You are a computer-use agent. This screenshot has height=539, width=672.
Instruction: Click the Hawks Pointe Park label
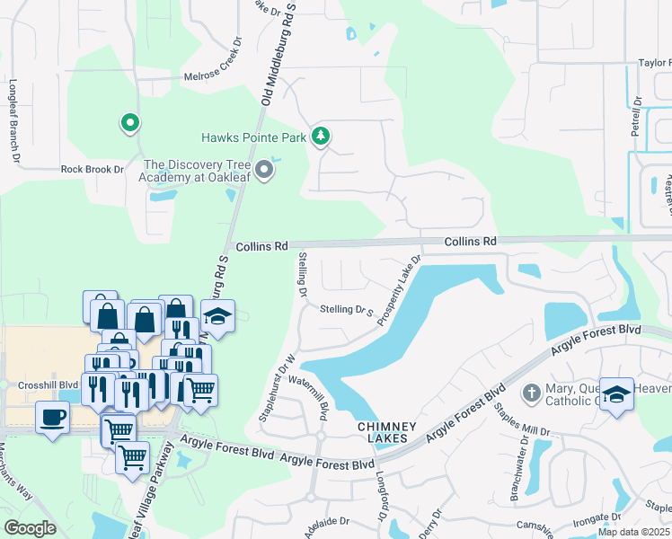[x=252, y=137]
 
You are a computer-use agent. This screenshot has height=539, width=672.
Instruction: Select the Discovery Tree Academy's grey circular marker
[x=263, y=170]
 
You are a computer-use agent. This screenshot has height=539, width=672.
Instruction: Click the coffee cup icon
[x=52, y=417]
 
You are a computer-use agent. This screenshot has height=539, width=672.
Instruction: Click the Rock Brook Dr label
[x=92, y=168]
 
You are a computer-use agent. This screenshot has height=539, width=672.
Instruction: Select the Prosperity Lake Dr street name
[x=400, y=291]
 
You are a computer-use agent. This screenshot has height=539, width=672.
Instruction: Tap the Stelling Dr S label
[x=347, y=310]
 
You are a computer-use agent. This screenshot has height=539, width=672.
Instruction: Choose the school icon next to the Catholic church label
[x=615, y=394]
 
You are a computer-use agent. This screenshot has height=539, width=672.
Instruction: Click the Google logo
[x=30, y=528]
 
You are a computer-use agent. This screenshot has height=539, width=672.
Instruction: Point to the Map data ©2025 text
[x=633, y=532]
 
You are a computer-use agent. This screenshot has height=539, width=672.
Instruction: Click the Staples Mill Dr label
[x=515, y=422]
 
